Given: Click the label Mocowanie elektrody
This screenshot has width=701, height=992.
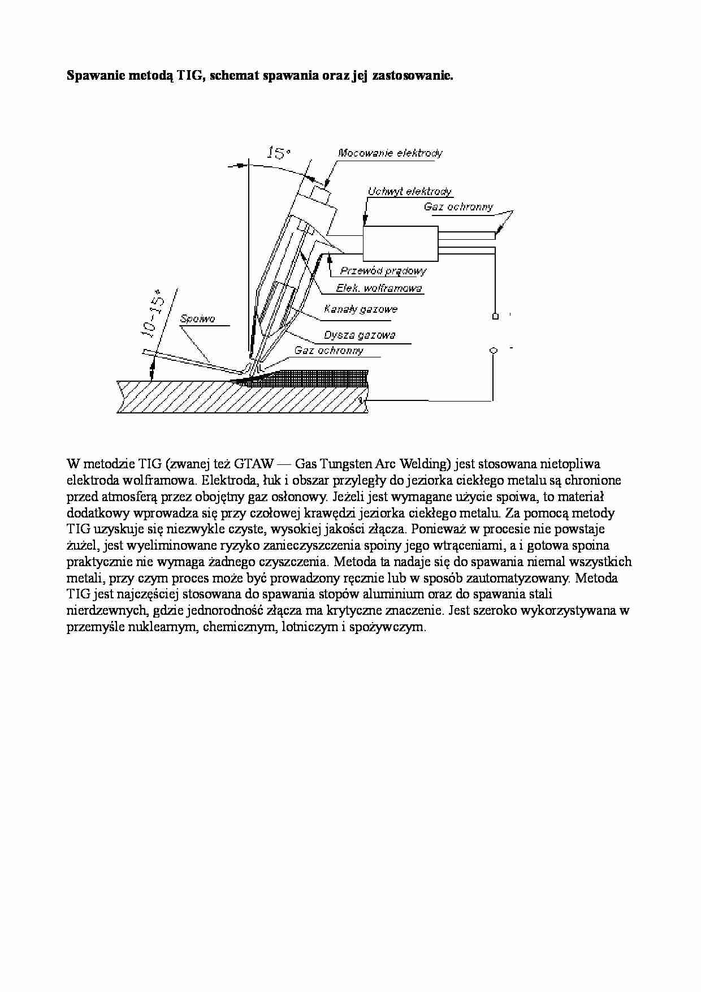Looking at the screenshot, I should (x=390, y=153).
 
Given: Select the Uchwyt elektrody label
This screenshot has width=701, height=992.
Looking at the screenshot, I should (x=409, y=192).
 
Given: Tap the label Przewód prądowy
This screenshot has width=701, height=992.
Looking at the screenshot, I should (x=383, y=271).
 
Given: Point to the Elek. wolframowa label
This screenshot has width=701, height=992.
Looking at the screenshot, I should (x=379, y=288).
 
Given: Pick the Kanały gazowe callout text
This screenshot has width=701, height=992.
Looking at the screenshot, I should (x=361, y=309).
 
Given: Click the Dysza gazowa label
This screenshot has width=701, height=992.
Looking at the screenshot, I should (x=360, y=335).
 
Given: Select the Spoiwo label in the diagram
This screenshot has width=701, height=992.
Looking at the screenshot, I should (x=197, y=319).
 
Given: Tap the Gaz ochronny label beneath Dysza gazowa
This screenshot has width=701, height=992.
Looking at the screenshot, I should (x=328, y=351).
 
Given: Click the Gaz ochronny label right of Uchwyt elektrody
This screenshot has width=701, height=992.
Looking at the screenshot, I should (x=458, y=207).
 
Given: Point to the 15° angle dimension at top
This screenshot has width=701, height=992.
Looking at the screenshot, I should (x=278, y=153).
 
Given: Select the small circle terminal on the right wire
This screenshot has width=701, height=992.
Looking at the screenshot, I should (x=494, y=351).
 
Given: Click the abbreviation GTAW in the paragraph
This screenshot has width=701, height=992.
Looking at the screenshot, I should (x=254, y=464).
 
